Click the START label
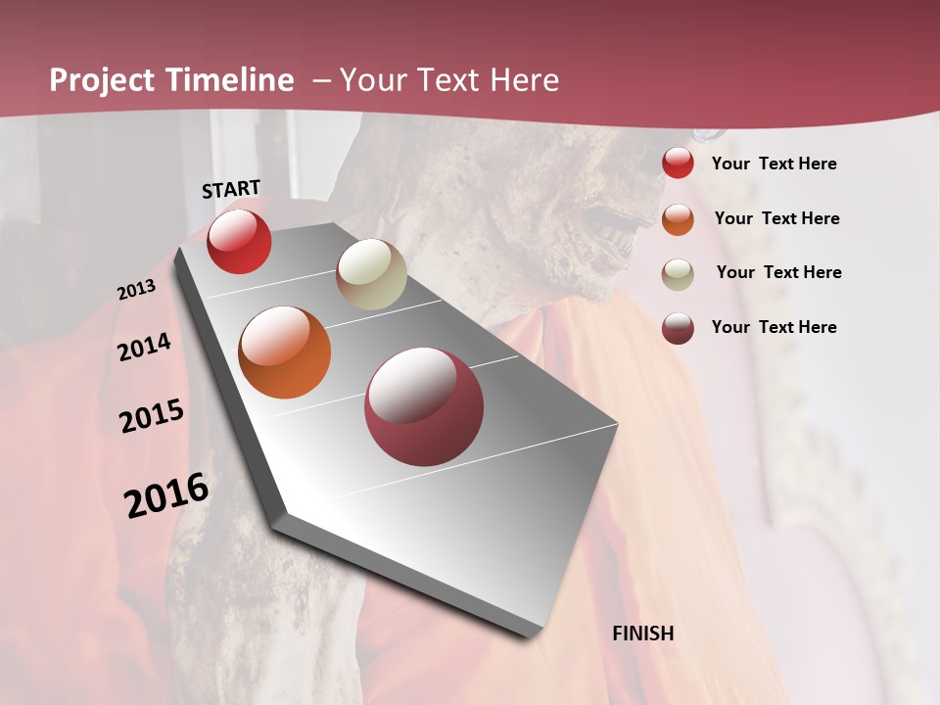[231, 189]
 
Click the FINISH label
[642, 634]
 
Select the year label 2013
[136, 290]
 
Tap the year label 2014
[144, 348]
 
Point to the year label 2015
[152, 416]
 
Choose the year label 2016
[166, 494]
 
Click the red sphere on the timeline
[239, 241]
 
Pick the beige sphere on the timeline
[371, 274]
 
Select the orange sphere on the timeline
[285, 352]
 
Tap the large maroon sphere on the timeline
[424, 406]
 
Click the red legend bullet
[678, 164]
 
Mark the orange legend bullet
[678, 218]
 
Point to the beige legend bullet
[678, 273]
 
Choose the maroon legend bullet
[678, 328]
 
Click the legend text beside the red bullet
[774, 164]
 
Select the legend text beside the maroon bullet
[774, 327]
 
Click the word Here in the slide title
[523, 80]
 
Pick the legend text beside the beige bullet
[778, 272]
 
